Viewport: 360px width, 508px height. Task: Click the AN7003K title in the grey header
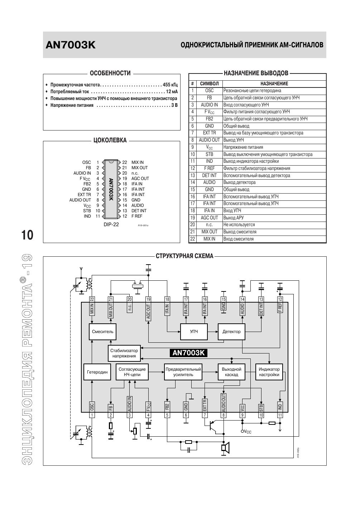[x=71, y=45]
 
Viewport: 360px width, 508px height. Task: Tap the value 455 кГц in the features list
[x=170, y=85]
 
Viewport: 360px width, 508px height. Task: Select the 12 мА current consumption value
[x=172, y=92]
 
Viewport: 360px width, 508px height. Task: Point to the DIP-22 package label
[x=111, y=224]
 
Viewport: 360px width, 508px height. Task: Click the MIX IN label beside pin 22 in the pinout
[x=137, y=162]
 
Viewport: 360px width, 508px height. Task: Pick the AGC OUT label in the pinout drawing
[x=140, y=179]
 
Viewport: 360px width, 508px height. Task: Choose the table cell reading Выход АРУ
[x=233, y=218]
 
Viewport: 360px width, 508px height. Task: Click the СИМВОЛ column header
[x=209, y=84]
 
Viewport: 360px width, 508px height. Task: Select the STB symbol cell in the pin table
[x=209, y=154]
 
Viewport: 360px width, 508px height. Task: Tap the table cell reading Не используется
[x=239, y=225]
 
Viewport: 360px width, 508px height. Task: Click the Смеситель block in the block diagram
[x=102, y=332]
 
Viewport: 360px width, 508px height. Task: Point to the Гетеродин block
[x=97, y=372]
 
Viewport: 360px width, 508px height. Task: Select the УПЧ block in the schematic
[x=194, y=332]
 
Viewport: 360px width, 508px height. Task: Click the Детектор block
[x=231, y=332]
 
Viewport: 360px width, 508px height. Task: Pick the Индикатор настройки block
[x=269, y=372]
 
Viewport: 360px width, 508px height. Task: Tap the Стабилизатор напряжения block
[x=124, y=353]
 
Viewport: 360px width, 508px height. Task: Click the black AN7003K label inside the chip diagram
[x=188, y=353]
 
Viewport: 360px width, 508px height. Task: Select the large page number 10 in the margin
[x=27, y=235]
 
